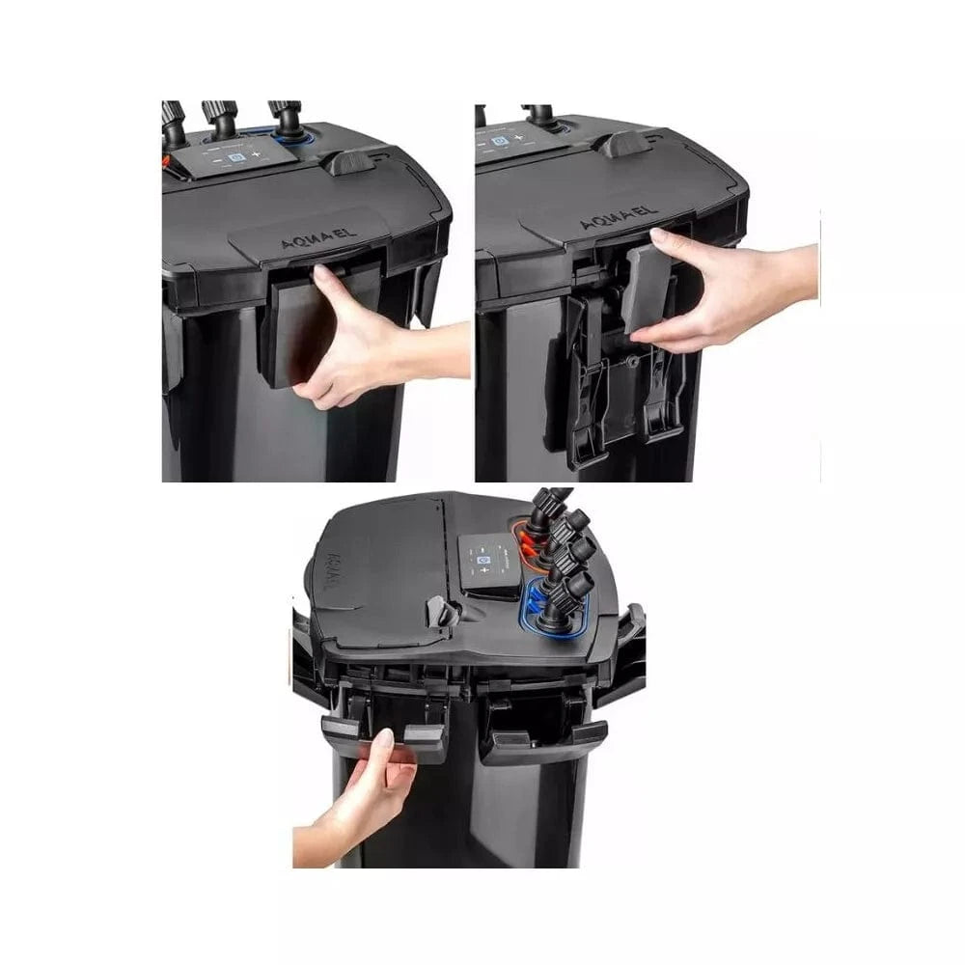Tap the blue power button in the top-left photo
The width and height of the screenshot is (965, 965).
(x=231, y=156)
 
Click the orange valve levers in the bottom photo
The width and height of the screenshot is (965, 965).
(x=532, y=541)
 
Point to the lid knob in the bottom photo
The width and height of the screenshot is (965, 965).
(x=438, y=610)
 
